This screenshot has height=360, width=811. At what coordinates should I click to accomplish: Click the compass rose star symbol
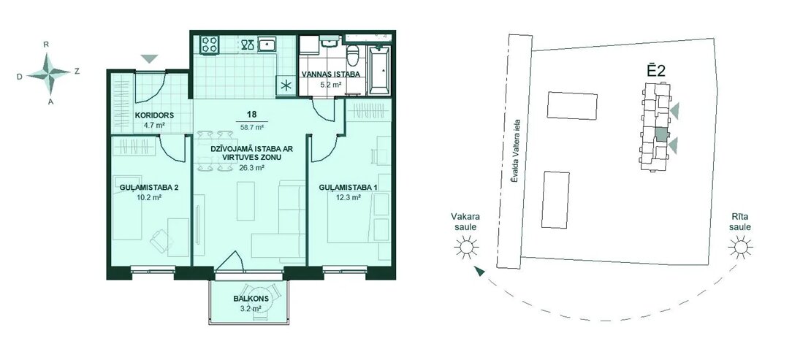tap(48, 74)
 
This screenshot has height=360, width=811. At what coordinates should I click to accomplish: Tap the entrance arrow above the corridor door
tap(149, 59)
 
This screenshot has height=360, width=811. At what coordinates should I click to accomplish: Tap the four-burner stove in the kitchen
tap(210, 44)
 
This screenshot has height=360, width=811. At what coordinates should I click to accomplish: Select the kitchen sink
tap(267, 44)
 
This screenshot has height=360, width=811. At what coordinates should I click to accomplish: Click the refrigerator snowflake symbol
tap(286, 86)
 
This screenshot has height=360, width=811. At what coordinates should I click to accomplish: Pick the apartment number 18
tap(252, 115)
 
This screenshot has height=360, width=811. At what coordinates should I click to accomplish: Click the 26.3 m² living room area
tap(252, 168)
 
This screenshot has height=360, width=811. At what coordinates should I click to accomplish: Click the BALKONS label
tap(247, 299)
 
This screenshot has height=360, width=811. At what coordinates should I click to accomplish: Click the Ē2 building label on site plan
tap(656, 72)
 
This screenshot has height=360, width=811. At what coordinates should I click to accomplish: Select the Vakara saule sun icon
tap(466, 248)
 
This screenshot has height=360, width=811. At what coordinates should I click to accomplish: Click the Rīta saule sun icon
tap(740, 248)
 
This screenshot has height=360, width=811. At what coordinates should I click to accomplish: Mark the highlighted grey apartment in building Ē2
tap(661, 134)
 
